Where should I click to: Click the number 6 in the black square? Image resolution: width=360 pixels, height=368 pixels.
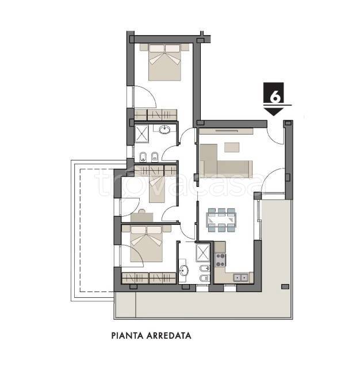(x=275, y=97)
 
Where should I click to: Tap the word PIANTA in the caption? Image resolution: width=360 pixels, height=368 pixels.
(x=127, y=335)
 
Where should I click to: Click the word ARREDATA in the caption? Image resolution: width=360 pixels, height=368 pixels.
(x=168, y=335)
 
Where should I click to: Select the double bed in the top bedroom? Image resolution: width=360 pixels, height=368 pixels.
(x=164, y=62)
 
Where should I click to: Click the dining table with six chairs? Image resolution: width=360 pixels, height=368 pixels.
(x=221, y=220)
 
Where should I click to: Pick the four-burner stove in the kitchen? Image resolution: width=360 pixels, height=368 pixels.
(x=220, y=260)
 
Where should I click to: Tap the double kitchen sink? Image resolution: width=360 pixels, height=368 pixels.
(x=240, y=278)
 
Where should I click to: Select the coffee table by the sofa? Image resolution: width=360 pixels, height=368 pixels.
(x=232, y=147)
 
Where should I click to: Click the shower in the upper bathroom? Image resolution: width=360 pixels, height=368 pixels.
(x=141, y=133)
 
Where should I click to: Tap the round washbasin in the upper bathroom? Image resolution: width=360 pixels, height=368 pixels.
(x=164, y=129)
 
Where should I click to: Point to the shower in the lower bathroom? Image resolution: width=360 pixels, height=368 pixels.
(x=203, y=252)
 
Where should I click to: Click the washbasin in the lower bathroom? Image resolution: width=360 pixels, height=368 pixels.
(x=183, y=271)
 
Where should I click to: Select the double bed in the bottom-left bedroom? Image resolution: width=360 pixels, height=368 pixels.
(x=146, y=244)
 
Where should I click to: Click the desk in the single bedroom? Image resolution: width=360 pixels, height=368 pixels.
(x=142, y=217)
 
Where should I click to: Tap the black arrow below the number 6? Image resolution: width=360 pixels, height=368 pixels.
(x=273, y=112)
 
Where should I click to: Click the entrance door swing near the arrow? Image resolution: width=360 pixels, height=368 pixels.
(x=275, y=136)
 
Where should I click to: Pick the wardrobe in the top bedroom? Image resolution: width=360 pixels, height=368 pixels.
(x=155, y=115)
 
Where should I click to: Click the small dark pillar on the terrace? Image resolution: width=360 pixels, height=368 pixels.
(x=285, y=286)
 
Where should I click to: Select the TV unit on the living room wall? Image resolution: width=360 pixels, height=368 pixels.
(x=226, y=131)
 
